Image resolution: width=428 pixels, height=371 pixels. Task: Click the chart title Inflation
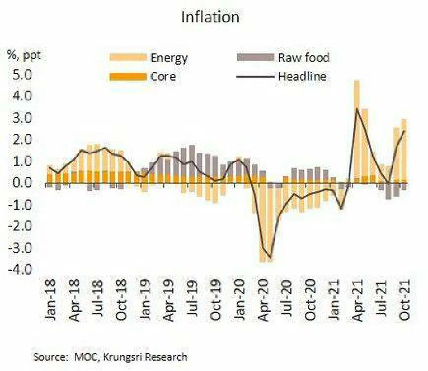click(210, 17)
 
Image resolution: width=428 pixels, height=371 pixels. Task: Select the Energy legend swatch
click(128, 57)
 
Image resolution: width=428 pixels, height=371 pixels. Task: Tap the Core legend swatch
click(128, 76)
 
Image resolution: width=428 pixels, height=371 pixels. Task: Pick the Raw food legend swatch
click(255, 57)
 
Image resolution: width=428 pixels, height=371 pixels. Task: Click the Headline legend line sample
click(255, 76)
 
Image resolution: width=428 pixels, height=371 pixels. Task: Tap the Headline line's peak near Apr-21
click(357, 109)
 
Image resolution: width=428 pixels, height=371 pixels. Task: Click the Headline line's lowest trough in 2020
click(270, 258)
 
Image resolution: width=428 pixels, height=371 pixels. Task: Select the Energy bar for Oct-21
click(404, 150)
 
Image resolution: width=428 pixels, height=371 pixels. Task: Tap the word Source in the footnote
click(50, 357)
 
